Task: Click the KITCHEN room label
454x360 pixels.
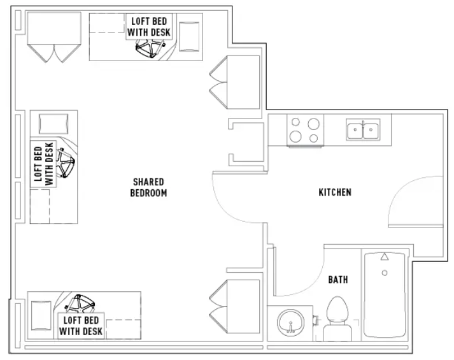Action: [x=335, y=192]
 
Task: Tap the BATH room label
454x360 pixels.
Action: [x=338, y=280]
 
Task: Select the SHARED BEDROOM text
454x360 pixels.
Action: [x=148, y=187]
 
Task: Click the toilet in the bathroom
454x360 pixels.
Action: [x=337, y=319]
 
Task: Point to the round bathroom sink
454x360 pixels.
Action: [x=291, y=322]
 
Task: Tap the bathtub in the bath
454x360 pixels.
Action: [x=385, y=295]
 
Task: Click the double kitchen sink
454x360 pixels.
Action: [x=363, y=129]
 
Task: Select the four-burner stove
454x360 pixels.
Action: [x=305, y=130]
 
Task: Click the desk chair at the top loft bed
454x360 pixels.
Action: [x=150, y=48]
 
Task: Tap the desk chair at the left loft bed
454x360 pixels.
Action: [x=66, y=162]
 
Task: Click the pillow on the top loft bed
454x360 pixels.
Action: [x=189, y=37]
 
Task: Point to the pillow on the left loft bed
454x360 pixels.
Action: [x=53, y=124]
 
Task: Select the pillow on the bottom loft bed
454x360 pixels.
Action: [x=41, y=315]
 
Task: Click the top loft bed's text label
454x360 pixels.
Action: [x=149, y=27]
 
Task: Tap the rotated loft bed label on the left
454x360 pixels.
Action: [x=44, y=164]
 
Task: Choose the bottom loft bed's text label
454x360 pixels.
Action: [x=81, y=326]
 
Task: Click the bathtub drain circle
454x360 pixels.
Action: [x=385, y=273]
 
